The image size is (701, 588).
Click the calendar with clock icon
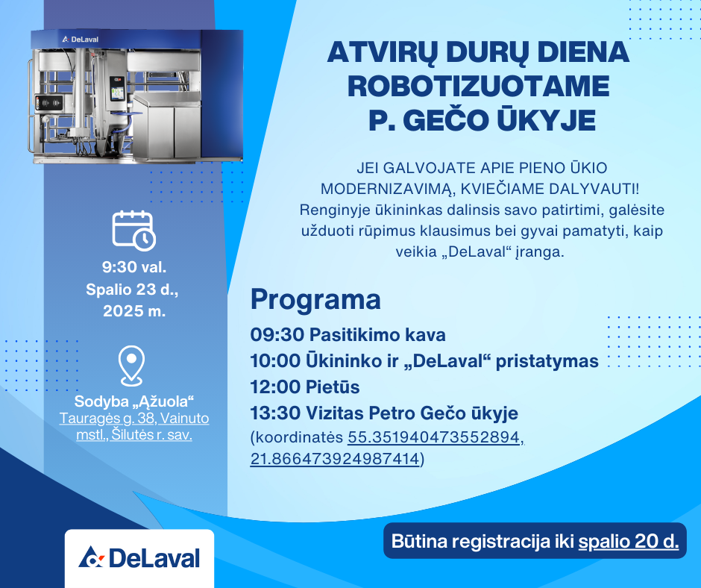[133, 230]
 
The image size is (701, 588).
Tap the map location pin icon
[131, 366]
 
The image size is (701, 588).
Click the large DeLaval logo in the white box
[139, 557]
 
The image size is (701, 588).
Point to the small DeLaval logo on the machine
[81, 40]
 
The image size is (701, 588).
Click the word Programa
[315, 300]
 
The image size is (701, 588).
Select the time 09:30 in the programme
[277, 335]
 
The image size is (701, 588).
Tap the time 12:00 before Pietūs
[275, 387]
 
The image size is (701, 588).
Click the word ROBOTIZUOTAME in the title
[478, 86]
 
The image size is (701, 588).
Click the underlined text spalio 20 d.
[629, 542]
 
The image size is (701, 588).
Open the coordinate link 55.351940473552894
[434, 437]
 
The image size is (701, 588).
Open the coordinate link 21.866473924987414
[335, 459]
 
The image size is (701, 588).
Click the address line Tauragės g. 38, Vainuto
[134, 419]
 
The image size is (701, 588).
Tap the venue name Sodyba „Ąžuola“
[133, 401]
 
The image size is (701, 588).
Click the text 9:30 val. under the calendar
[134, 267]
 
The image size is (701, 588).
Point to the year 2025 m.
[134, 310]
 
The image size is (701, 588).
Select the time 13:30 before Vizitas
[275, 413]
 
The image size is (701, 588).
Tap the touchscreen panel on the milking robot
[117, 90]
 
